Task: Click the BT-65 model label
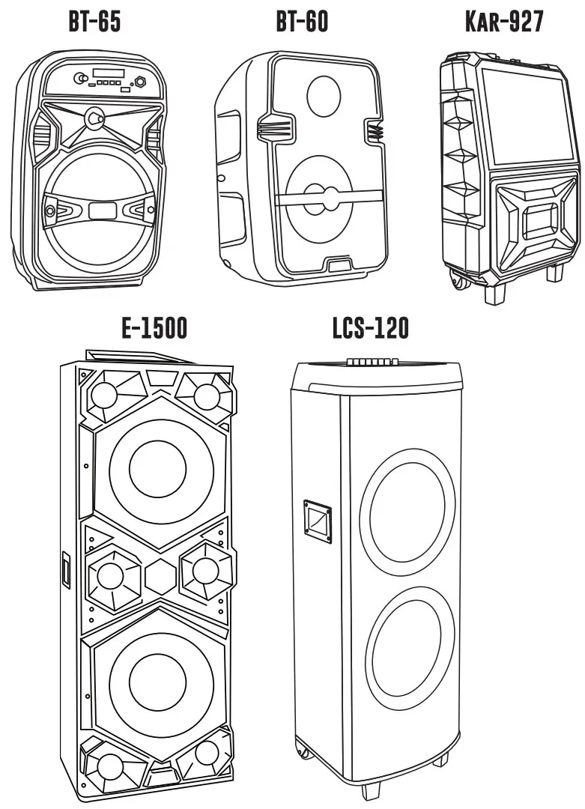[94, 22]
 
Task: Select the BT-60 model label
[302, 22]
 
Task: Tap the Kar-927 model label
[504, 22]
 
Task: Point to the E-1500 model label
[154, 328]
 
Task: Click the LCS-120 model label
[371, 328]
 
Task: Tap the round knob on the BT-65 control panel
[79, 78]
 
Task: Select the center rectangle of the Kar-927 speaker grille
[540, 222]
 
